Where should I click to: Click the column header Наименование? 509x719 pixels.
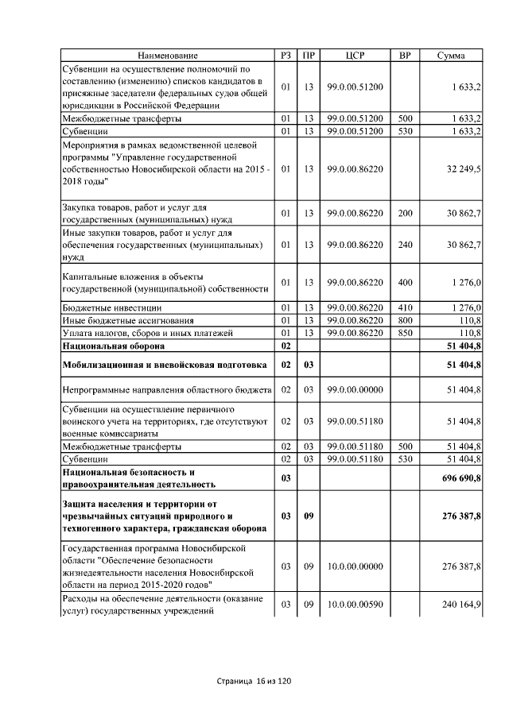167,56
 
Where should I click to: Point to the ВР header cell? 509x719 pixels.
405,56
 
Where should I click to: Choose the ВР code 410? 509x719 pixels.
405,307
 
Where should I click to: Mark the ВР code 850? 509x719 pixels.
405,332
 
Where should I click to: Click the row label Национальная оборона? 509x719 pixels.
114,346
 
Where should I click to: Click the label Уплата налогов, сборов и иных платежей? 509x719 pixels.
147,332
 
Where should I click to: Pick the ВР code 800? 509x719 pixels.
405,319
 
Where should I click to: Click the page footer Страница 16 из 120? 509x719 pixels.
254,682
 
